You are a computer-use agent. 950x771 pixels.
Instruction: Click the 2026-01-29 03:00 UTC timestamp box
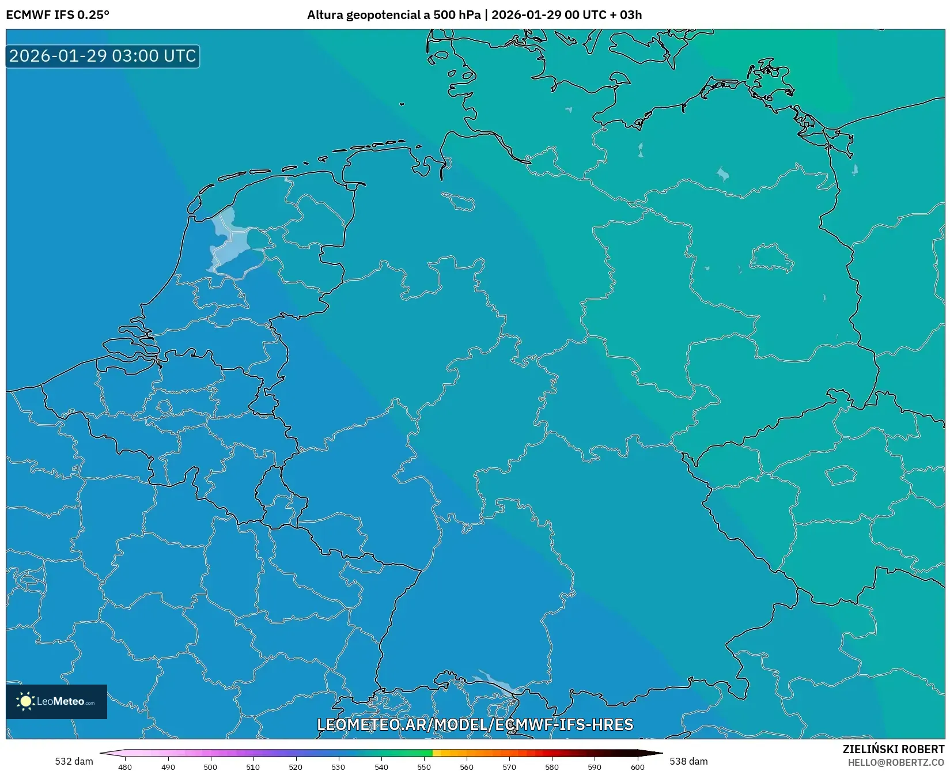click(x=103, y=56)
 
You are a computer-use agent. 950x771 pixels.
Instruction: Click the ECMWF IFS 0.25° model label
click(x=58, y=15)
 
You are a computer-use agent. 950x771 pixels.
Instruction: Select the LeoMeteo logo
click(x=56, y=701)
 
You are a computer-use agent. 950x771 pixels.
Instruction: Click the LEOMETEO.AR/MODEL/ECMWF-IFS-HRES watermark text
click(x=475, y=724)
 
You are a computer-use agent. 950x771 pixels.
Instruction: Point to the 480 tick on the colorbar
click(x=125, y=766)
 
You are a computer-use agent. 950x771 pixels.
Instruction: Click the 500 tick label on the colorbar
click(x=210, y=766)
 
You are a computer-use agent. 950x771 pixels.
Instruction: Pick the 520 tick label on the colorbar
click(x=296, y=766)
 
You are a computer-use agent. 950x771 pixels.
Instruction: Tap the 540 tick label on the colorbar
click(x=381, y=766)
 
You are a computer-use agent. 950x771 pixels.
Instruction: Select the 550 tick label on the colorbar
click(x=424, y=766)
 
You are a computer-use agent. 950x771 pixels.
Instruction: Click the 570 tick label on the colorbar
click(x=509, y=766)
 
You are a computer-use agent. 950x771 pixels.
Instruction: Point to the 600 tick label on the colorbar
click(x=637, y=766)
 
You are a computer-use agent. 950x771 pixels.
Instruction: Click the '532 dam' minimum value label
click(x=74, y=761)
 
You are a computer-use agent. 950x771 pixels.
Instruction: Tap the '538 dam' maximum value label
click(x=688, y=761)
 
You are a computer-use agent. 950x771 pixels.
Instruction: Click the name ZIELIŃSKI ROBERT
click(x=894, y=749)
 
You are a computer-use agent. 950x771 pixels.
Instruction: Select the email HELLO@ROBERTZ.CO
click(x=896, y=762)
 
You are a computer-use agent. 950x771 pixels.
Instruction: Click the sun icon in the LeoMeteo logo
click(x=25, y=701)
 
